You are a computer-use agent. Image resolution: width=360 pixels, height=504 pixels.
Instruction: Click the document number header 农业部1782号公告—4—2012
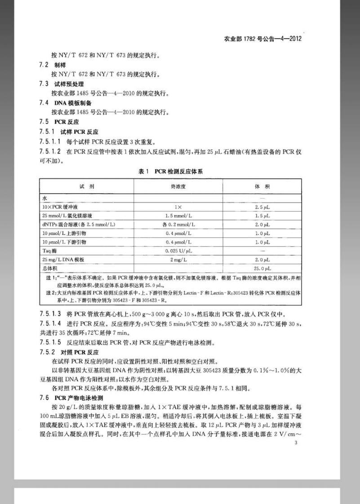tap(262, 39)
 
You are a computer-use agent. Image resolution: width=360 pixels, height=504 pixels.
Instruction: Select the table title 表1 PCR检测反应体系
tap(179, 171)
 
